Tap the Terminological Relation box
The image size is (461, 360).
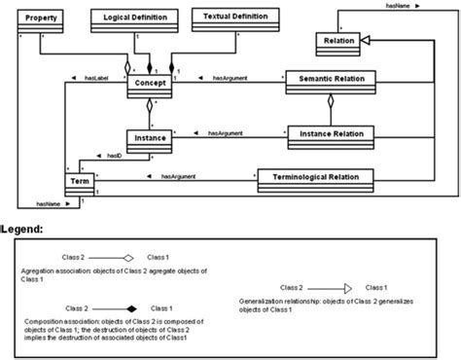(x=315, y=177)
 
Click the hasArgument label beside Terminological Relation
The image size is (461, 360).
(x=180, y=176)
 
